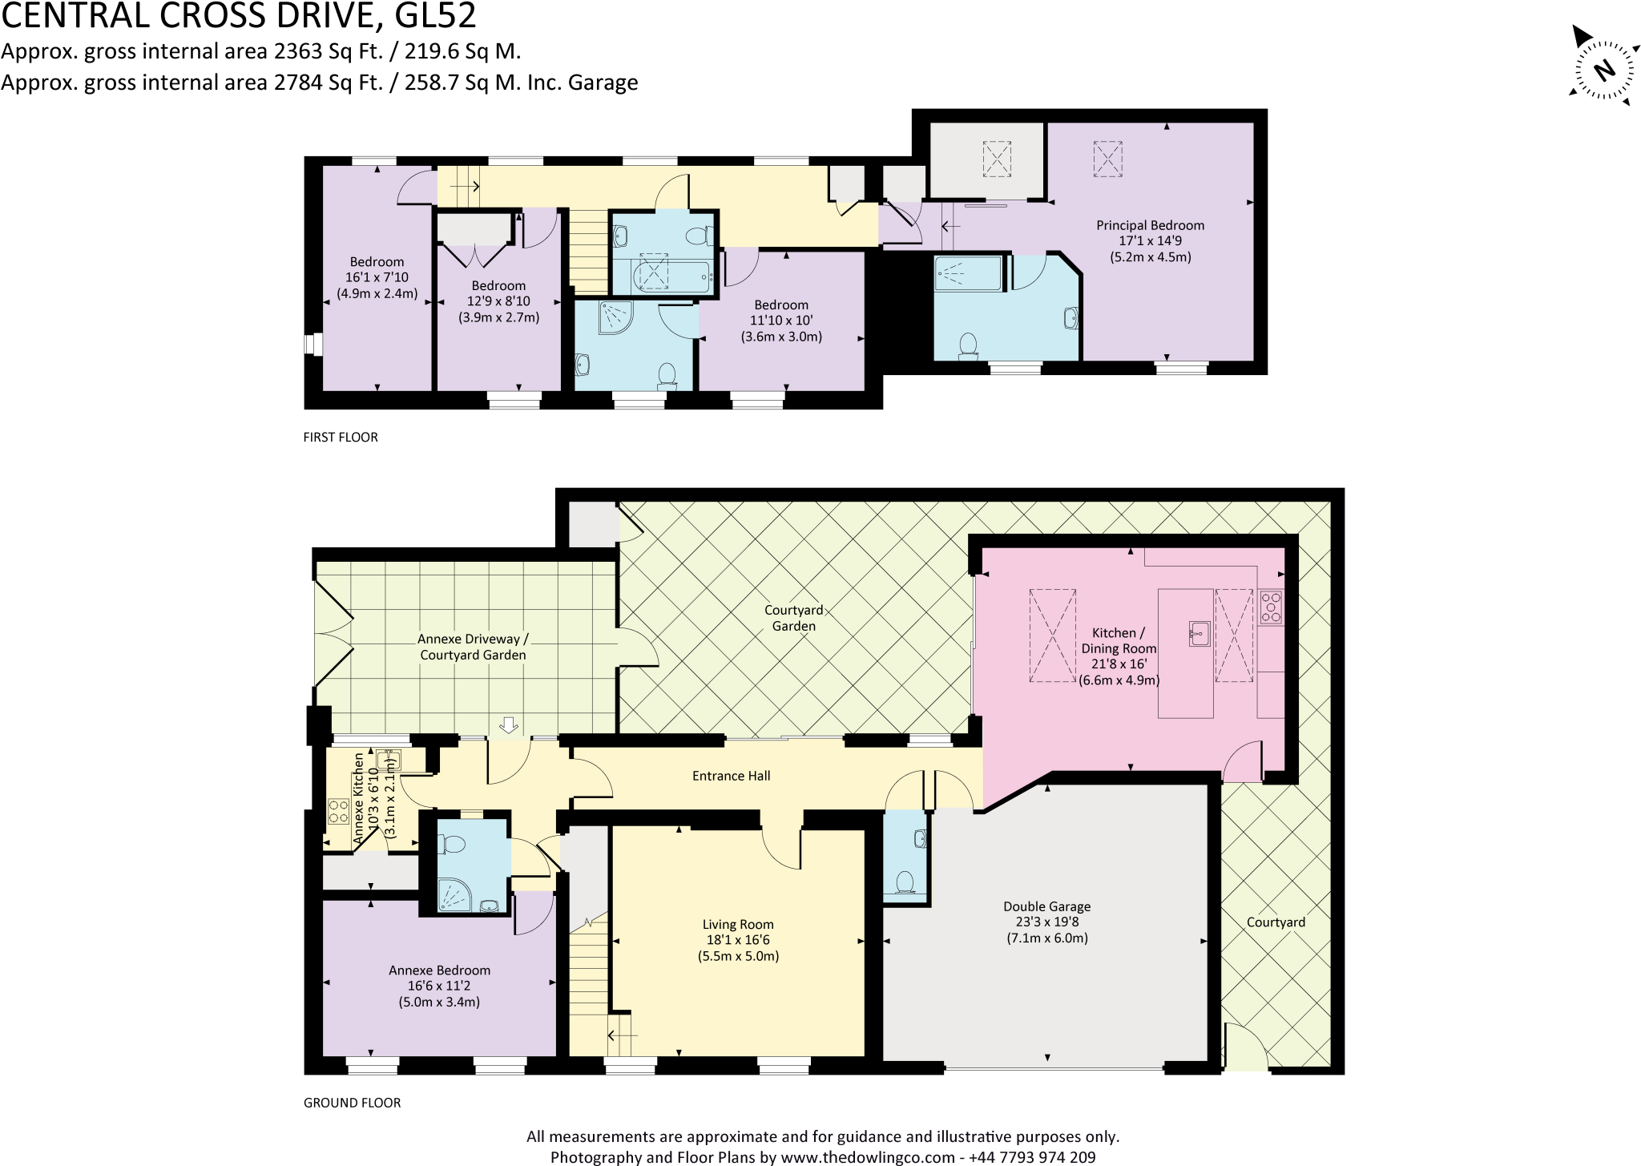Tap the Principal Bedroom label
pyautogui.click(x=1150, y=241)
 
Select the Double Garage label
pyautogui.click(x=1046, y=922)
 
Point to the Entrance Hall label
pyautogui.click(x=731, y=776)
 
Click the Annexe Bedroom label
pyautogui.click(x=439, y=986)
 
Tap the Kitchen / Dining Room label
pyautogui.click(x=1119, y=656)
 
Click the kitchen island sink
pyautogui.click(x=1197, y=633)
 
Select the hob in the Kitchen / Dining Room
pyautogui.click(x=1271, y=607)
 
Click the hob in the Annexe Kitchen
pyautogui.click(x=337, y=812)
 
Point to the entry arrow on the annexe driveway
pyautogui.click(x=508, y=725)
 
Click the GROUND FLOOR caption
pyautogui.click(x=352, y=1103)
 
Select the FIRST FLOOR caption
pyautogui.click(x=341, y=438)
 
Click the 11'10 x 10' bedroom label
pyautogui.click(x=780, y=321)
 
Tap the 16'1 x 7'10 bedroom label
pyautogui.click(x=377, y=277)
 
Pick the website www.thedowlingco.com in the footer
pyautogui.click(x=867, y=1157)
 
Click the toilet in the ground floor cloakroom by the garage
pyautogui.click(x=905, y=882)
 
